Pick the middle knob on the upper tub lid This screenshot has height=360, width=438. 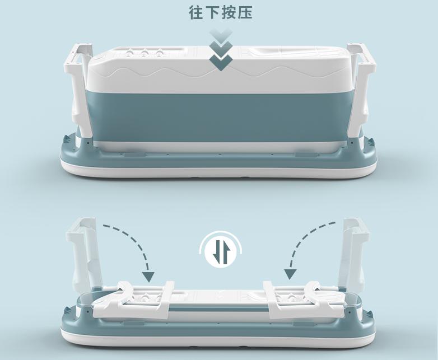point(145,54)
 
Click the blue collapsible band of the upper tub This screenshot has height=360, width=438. point(218,118)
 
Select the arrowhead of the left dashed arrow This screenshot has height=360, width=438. point(148,275)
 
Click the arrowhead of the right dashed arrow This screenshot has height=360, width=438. point(290,274)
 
